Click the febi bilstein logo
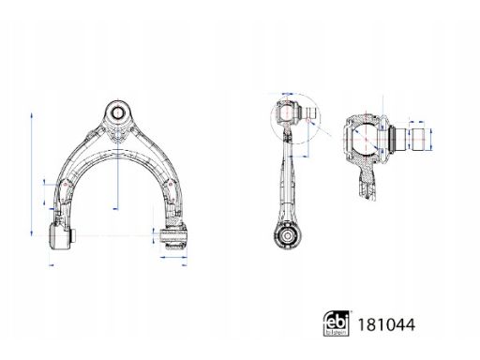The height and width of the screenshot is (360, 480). coord(336,323)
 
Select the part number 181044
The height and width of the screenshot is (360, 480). coord(386,324)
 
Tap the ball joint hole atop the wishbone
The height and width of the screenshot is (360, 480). coord(117,112)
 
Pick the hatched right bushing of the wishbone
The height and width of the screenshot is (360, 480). coord(173,236)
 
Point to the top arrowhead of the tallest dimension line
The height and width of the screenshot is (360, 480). coord(32,115)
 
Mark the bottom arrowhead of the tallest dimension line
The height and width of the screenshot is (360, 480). coord(32,232)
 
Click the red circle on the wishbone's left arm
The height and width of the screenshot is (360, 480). coord(65,185)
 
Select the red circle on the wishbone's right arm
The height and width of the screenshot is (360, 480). coord(171,185)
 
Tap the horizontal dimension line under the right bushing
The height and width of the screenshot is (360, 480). coord(173,258)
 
